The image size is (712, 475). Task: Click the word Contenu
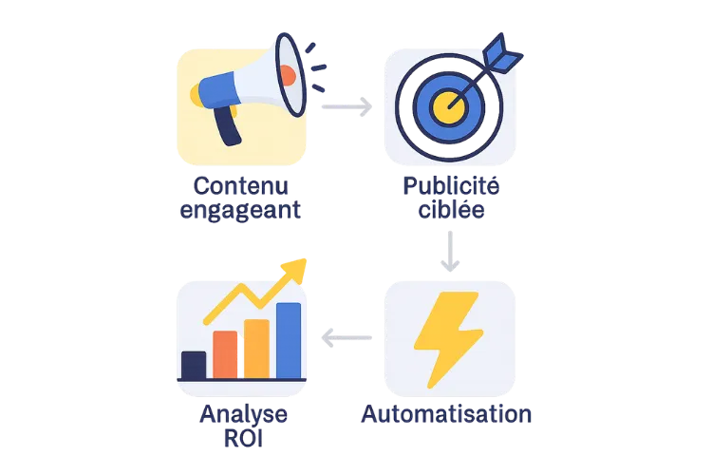click(x=241, y=186)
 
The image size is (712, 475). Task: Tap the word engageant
click(x=240, y=211)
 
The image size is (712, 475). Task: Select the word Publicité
click(x=451, y=186)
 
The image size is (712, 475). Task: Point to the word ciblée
click(x=451, y=210)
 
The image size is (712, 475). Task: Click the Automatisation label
click(x=446, y=414)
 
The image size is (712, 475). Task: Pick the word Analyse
click(x=243, y=415)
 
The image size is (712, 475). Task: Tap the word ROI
click(x=243, y=439)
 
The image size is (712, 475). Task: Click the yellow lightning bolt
click(x=448, y=339)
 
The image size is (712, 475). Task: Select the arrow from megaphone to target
click(x=347, y=106)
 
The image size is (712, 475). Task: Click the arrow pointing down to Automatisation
click(x=450, y=252)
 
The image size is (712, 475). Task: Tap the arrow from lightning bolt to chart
click(x=347, y=338)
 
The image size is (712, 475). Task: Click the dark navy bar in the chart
click(x=194, y=365)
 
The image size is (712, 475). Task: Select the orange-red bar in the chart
click(x=225, y=355)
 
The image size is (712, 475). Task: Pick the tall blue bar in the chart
click(x=289, y=341)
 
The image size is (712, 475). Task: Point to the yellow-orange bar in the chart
click(x=256, y=349)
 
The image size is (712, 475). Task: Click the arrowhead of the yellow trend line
click(x=295, y=270)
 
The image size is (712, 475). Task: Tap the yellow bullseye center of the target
click(x=449, y=107)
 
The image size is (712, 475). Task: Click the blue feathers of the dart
click(x=502, y=53)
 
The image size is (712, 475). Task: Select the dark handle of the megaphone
click(x=228, y=126)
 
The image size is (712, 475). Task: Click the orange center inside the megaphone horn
click(x=288, y=75)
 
